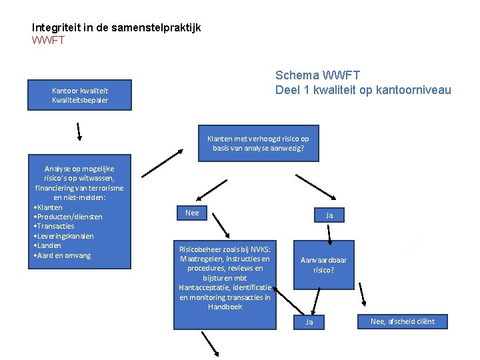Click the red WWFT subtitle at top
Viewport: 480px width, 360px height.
coord(48,41)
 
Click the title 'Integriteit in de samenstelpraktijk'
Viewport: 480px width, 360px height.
coord(116,27)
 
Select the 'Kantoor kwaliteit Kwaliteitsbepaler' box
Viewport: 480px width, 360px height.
coord(80,95)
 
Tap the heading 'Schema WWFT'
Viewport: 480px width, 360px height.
coord(317,76)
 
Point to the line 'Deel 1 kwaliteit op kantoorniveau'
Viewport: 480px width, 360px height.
coord(363,90)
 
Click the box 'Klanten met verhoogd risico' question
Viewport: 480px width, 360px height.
coord(258,143)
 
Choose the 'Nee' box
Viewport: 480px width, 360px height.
coord(192,213)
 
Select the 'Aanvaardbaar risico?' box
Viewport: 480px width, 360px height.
coord(323,265)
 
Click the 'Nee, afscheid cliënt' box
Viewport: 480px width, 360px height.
coord(402,321)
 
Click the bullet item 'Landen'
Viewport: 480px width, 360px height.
coord(50,245)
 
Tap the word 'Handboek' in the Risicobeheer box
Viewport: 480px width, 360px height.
coord(225,307)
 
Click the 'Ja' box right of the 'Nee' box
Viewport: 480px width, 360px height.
coord(329,215)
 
